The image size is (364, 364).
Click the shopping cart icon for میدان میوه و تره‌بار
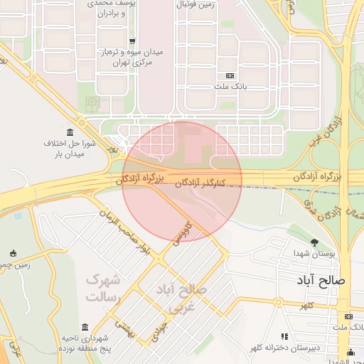click(132, 41)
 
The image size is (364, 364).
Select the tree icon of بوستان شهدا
click(314, 242)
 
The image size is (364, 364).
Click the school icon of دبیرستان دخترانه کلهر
click(284, 336)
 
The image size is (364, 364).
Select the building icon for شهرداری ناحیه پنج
click(85, 327)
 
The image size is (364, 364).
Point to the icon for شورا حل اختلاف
click(70, 132)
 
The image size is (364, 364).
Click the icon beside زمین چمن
click(13, 253)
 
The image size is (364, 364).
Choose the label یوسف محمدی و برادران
click(107, 8)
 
